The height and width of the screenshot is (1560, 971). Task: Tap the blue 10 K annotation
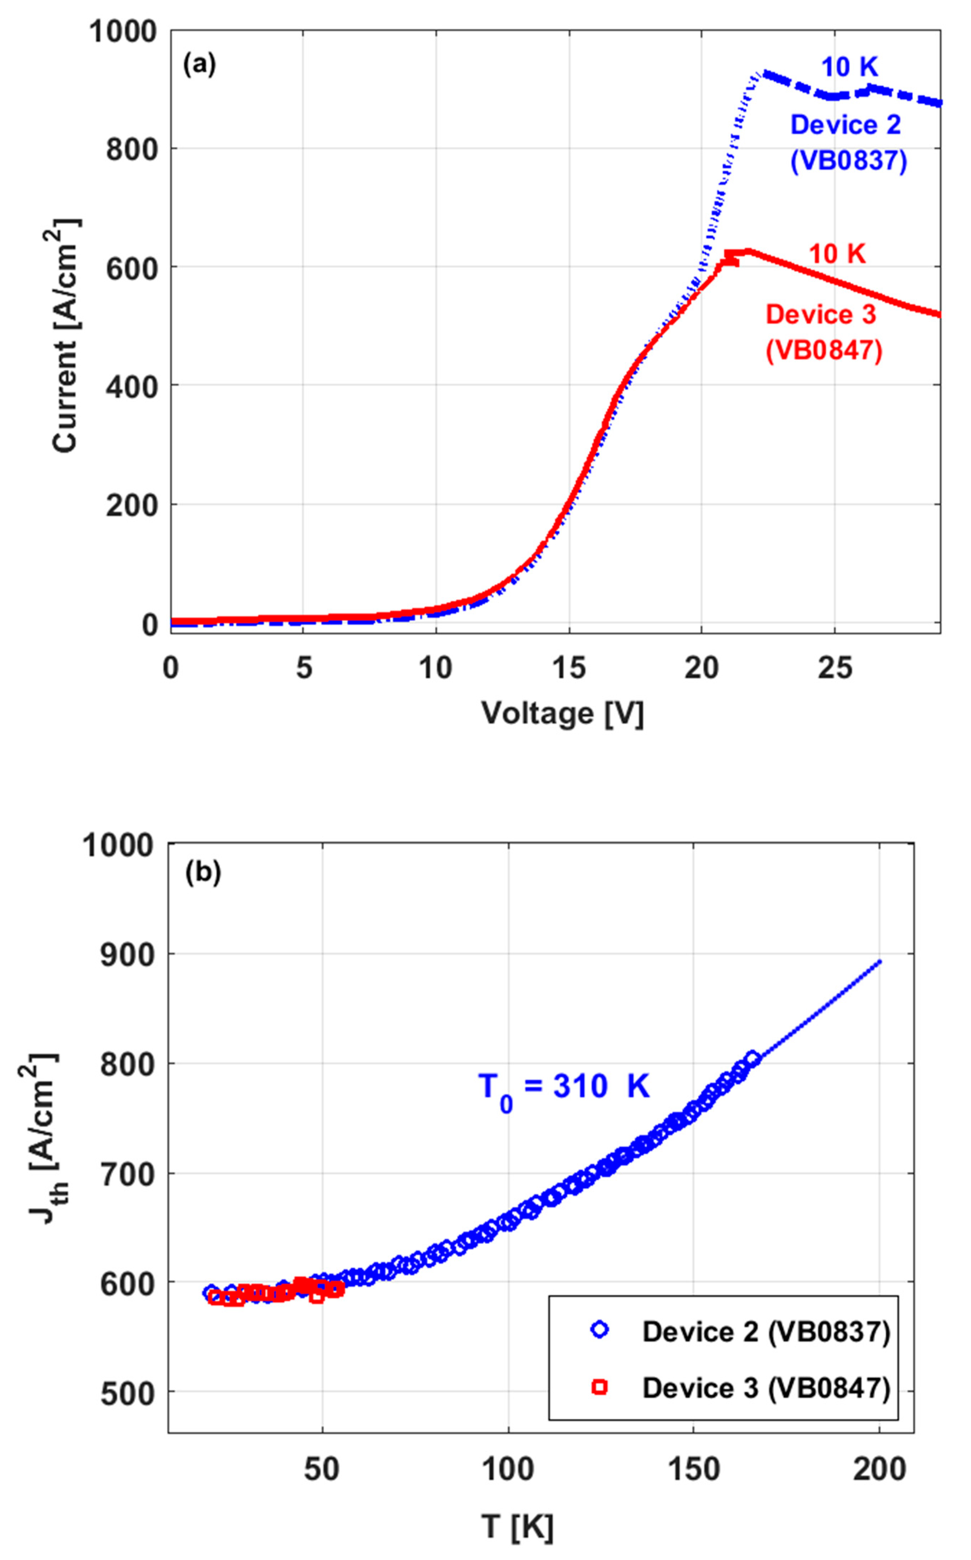click(x=849, y=67)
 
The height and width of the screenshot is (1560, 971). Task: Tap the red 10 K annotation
click(x=837, y=254)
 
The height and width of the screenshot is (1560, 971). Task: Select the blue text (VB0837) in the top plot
click(x=849, y=161)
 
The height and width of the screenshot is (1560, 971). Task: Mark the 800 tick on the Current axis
click(x=132, y=149)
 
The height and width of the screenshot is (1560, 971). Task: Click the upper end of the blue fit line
click(x=880, y=961)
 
